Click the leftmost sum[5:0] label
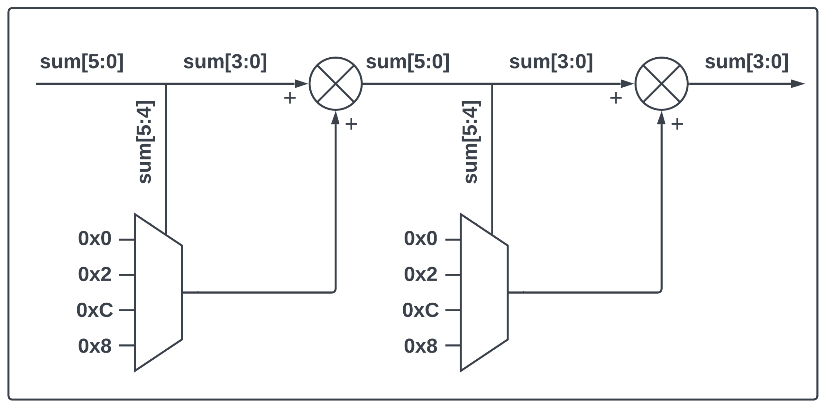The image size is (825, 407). pyautogui.click(x=82, y=62)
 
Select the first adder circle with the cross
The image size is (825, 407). pyautogui.click(x=335, y=84)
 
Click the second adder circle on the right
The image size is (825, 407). pyautogui.click(x=661, y=84)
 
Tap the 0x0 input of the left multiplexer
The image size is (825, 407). pyautogui.click(x=95, y=239)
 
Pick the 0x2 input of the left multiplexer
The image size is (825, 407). pyautogui.click(x=95, y=275)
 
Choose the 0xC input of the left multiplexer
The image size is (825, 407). pyautogui.click(x=95, y=310)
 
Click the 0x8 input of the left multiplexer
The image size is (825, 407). pyautogui.click(x=95, y=346)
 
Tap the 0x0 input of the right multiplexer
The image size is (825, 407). pyautogui.click(x=420, y=239)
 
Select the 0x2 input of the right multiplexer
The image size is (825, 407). pyautogui.click(x=420, y=275)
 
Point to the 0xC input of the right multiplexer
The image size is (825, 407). pyautogui.click(x=420, y=310)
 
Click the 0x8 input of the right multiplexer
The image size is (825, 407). pyautogui.click(x=420, y=346)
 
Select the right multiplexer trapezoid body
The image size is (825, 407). pyautogui.click(x=484, y=292)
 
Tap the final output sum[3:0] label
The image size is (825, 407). pyautogui.click(x=746, y=62)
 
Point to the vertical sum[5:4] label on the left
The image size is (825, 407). pyautogui.click(x=145, y=142)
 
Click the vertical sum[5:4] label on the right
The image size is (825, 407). pyautogui.click(x=471, y=142)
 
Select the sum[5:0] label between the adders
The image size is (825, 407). pyautogui.click(x=408, y=62)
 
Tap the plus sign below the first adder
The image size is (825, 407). pyautogui.click(x=351, y=124)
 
